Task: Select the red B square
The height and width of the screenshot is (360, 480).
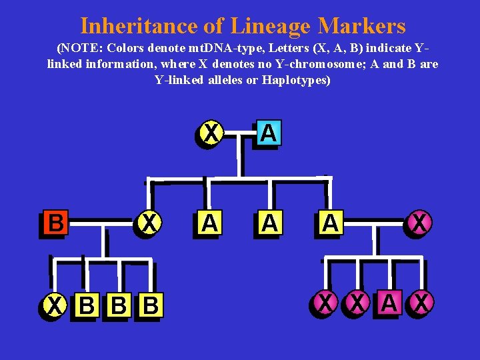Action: pyautogui.click(x=56, y=223)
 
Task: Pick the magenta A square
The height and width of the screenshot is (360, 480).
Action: pyautogui.click(x=389, y=303)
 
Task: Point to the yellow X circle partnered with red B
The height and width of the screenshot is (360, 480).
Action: pyautogui.click(x=151, y=223)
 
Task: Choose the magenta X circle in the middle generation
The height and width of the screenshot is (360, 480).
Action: pyautogui.click(x=419, y=223)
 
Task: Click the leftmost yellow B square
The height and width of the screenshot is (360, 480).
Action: pyautogui.click(x=86, y=306)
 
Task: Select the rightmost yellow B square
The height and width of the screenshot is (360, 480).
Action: pyautogui.click(x=151, y=306)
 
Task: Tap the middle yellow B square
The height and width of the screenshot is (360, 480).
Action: pyautogui.click(x=119, y=306)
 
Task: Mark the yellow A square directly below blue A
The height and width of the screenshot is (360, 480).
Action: pyautogui.click(x=269, y=223)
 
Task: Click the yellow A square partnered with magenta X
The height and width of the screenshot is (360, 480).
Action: pyautogui.click(x=329, y=223)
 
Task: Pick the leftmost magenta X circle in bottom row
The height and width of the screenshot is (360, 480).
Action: pyautogui.click(x=325, y=303)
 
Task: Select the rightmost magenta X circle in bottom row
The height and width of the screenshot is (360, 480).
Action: pyautogui.click(x=421, y=303)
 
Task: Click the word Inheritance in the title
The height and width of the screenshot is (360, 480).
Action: pyautogui.click(x=137, y=26)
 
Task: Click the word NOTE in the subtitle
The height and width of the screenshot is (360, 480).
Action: pyautogui.click(x=81, y=49)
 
